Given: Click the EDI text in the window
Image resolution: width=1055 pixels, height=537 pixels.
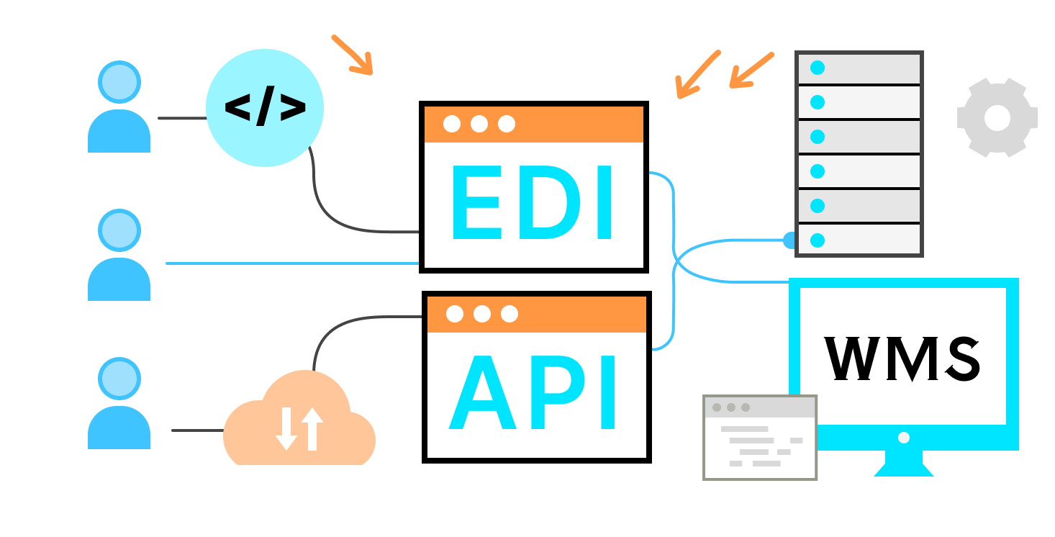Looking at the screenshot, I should click(533, 204).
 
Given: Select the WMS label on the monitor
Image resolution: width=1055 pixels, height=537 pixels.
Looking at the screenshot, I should click(903, 358).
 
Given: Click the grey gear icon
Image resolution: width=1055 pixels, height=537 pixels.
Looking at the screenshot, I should click(997, 117).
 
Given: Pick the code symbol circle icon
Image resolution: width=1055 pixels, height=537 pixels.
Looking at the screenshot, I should click(265, 108).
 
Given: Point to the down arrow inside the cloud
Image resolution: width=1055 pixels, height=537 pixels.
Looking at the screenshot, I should click(286, 429).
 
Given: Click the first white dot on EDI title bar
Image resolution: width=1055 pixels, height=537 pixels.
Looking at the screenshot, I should click(452, 124).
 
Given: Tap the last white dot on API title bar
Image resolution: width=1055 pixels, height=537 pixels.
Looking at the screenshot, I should click(510, 314).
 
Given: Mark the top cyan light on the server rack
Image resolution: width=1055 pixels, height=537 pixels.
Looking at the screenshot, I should click(818, 68).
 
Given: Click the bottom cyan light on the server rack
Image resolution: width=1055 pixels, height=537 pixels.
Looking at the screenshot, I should click(818, 240).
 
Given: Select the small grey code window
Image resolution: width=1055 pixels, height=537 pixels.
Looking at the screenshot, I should click(760, 437).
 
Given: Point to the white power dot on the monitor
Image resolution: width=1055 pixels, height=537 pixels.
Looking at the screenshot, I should click(904, 438).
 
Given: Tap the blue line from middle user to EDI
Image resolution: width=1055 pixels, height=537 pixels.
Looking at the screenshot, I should click(291, 263).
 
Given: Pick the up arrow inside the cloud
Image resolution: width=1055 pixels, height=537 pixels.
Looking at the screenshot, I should click(312, 429).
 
